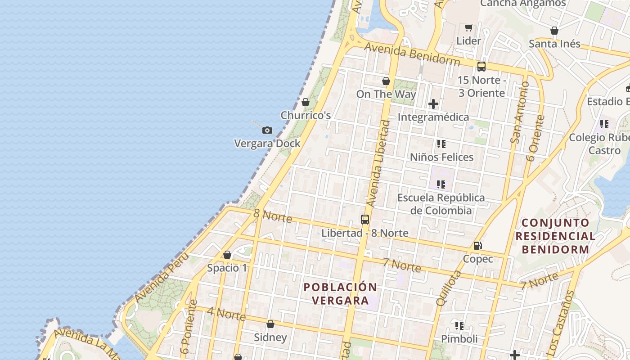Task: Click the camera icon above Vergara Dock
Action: pyautogui.click(x=267, y=130)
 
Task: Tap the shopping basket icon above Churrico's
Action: pyautogui.click(x=306, y=102)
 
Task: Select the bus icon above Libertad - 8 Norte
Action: pyautogui.click(x=365, y=220)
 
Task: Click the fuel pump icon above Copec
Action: pyautogui.click(x=477, y=246)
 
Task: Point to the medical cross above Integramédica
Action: pyautogui.click(x=433, y=104)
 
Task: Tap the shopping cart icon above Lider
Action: pyautogui.click(x=468, y=28)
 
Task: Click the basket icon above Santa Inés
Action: pyautogui.click(x=554, y=31)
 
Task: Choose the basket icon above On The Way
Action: pyautogui.click(x=386, y=81)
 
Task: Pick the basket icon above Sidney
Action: pyautogui.click(x=270, y=324)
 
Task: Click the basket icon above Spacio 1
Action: pyautogui.click(x=227, y=255)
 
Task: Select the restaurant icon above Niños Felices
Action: pyautogui.click(x=441, y=144)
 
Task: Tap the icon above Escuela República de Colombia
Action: pyautogui.click(x=441, y=184)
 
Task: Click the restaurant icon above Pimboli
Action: pyautogui.click(x=459, y=325)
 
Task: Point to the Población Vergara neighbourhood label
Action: pyautogui.click(x=340, y=293)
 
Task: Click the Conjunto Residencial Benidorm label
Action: pyautogui.click(x=555, y=236)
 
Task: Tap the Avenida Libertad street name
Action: pyautogui.click(x=378, y=163)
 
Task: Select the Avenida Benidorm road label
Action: pyautogui.click(x=412, y=54)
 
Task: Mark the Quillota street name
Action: pyautogui.click(x=449, y=288)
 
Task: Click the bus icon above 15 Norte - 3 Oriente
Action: pyautogui.click(x=481, y=67)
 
